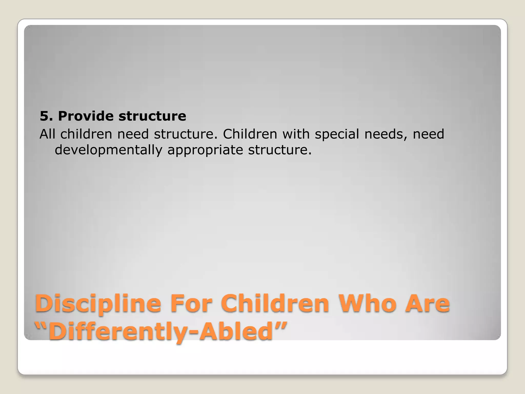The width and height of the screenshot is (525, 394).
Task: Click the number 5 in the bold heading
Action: click(44, 116)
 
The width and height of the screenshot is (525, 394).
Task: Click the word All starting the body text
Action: click(47, 134)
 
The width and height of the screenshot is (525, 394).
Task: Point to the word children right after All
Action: click(86, 134)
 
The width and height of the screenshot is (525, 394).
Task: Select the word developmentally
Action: click(108, 150)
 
